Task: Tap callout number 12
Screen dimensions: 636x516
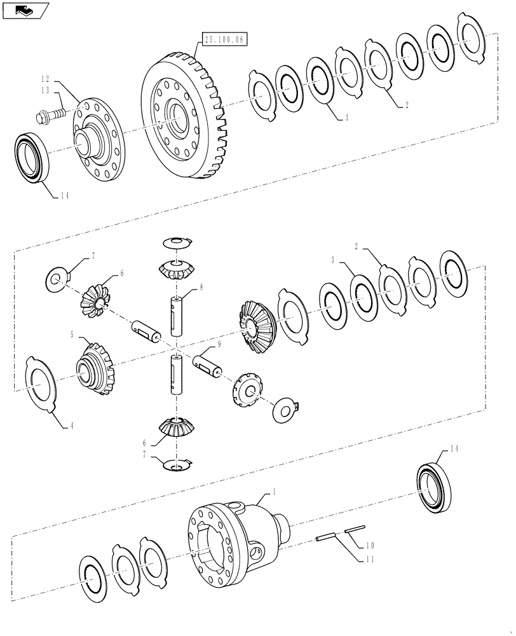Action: pyautogui.click(x=45, y=79)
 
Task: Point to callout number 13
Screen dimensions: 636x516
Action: pyautogui.click(x=45, y=91)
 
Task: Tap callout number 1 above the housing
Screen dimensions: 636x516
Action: pyautogui.click(x=274, y=492)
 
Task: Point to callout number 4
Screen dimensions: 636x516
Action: pyautogui.click(x=71, y=425)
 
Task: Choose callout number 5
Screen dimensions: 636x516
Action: pyautogui.click(x=72, y=334)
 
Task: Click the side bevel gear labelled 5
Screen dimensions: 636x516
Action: pyautogui.click(x=95, y=367)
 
